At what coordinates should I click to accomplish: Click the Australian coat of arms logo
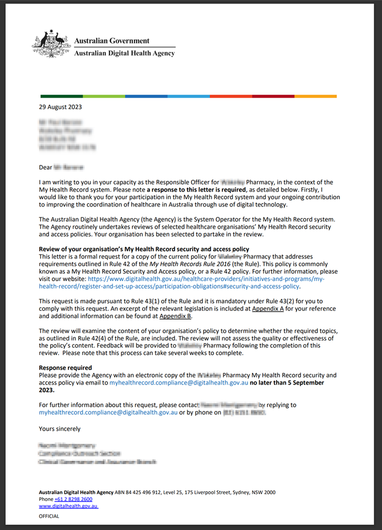51,44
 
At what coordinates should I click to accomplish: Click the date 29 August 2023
60,107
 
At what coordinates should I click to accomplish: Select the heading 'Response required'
65,368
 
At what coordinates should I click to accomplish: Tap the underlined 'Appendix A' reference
267,308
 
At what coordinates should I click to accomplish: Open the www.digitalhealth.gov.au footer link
68,506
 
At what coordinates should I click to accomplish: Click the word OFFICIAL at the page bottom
49,516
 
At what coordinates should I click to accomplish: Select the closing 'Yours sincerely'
60,428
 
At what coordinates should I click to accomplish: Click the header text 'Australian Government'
112,41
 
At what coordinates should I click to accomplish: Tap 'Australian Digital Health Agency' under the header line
125,54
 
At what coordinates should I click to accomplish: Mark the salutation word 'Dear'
45,168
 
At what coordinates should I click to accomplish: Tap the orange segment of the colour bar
315,96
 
